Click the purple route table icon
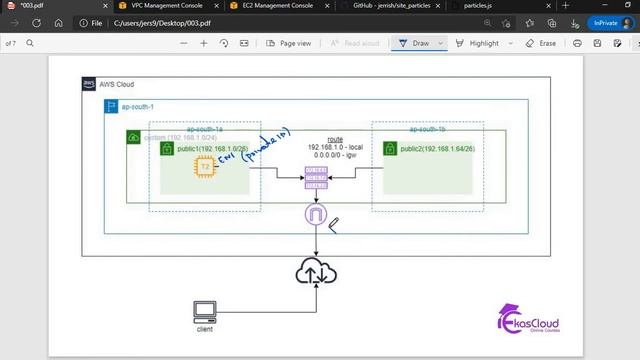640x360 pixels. point(316,177)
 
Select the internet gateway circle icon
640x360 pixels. point(316,214)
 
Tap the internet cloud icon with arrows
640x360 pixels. point(316,272)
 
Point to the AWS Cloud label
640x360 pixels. point(117,84)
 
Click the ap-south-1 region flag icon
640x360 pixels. point(111,106)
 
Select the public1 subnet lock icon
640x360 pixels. point(168,149)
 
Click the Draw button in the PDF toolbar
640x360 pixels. point(414,43)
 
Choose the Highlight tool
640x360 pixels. point(477,43)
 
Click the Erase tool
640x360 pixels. point(541,43)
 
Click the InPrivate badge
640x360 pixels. point(603,22)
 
